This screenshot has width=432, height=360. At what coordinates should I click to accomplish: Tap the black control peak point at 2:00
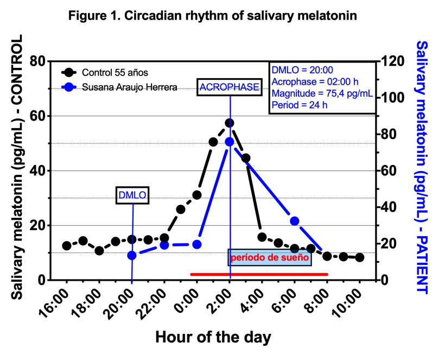[x=230, y=123]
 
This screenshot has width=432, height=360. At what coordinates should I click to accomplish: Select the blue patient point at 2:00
[x=230, y=142]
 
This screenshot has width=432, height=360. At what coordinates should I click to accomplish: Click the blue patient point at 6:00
[x=295, y=221]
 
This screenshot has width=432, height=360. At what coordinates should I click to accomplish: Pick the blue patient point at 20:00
[x=132, y=255]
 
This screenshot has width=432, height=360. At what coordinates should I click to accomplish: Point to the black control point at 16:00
[x=67, y=246]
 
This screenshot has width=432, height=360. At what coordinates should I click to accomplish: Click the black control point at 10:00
[x=360, y=257]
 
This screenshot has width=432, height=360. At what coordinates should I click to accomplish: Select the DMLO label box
[x=132, y=196]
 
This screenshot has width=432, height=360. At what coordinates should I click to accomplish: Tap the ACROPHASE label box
[x=229, y=87]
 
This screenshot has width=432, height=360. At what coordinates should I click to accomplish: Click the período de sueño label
[x=270, y=258]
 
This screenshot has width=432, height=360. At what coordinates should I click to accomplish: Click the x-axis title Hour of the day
[x=213, y=337]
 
